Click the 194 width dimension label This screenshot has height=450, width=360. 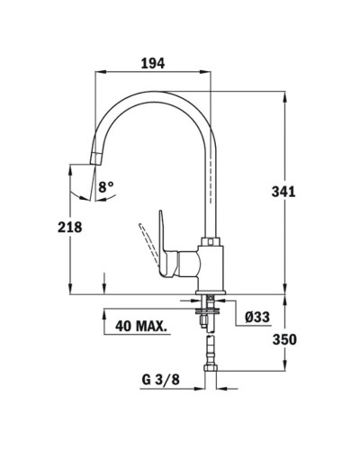tap(153, 63)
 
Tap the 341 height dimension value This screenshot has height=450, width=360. tap(283, 192)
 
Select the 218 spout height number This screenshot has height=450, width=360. tap(70, 227)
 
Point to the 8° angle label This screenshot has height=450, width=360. tap(106, 187)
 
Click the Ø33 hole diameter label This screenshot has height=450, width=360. tap(257, 317)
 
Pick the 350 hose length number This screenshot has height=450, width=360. tap(284, 339)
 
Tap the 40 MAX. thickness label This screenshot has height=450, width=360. tap(141, 326)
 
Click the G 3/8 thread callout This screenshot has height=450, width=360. tap(160, 380)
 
